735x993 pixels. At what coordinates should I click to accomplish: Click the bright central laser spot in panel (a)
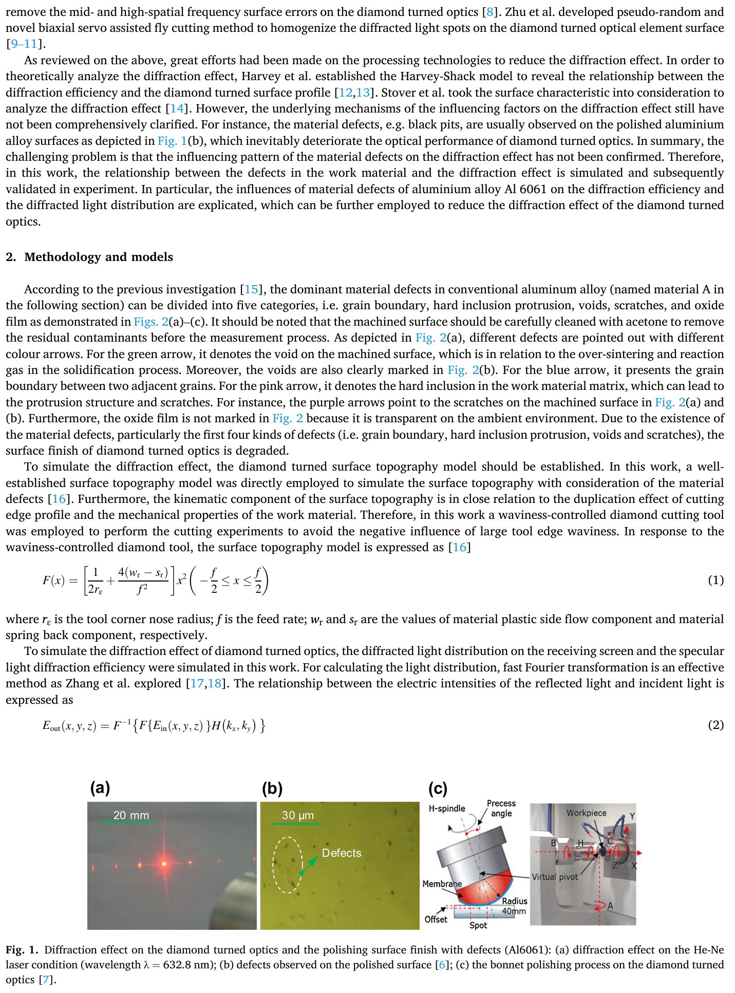click(x=164, y=864)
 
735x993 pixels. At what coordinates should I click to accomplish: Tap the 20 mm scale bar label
click(x=131, y=815)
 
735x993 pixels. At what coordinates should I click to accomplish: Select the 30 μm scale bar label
click(x=297, y=815)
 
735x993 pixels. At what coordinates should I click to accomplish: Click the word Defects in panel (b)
click(x=342, y=853)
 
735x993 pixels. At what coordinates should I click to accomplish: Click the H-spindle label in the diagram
click(x=447, y=809)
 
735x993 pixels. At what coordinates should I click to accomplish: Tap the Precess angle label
click(x=501, y=808)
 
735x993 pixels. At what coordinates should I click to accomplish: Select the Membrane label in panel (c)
click(x=442, y=884)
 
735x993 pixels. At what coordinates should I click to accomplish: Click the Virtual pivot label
click(x=555, y=877)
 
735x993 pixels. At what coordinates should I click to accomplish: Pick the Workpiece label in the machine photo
click(x=586, y=813)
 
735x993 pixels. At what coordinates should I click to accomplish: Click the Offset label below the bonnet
click(x=436, y=920)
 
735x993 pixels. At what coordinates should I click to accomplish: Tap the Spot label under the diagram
click(x=478, y=925)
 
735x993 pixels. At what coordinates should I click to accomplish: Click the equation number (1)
click(x=715, y=580)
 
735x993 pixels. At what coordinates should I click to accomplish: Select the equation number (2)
click(x=715, y=725)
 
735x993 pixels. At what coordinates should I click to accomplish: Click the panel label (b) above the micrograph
click(x=272, y=789)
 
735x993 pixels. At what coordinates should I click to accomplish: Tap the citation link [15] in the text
click(x=251, y=289)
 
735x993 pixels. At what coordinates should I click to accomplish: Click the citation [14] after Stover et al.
click(x=176, y=108)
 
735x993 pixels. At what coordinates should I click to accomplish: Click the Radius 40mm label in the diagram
click(x=514, y=906)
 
